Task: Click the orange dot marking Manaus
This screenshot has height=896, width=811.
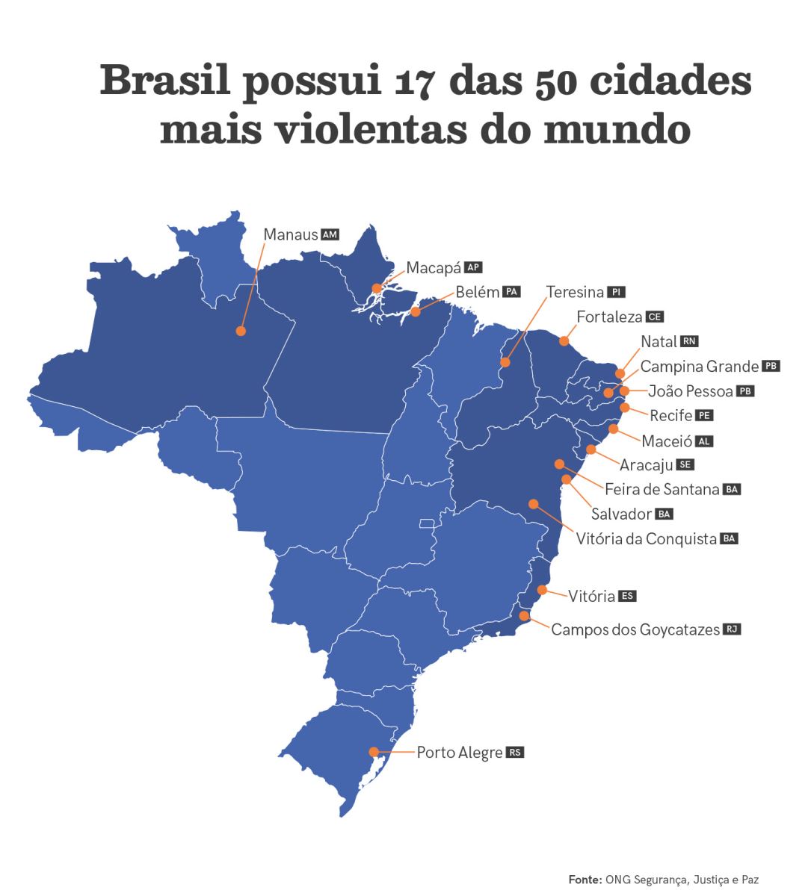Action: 241,331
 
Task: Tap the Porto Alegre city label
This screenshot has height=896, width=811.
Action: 459,753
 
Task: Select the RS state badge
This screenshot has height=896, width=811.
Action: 515,752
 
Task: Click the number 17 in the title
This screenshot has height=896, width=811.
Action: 404,82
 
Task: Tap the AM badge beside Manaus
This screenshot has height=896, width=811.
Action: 330,234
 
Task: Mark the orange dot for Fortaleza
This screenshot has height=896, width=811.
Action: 564,340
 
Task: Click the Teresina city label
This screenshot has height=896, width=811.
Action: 574,291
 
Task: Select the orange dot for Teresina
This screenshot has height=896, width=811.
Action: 505,362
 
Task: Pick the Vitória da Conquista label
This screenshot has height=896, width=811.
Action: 647,538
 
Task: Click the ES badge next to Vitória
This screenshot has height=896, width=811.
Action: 628,597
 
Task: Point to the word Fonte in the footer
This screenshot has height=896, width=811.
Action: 585,880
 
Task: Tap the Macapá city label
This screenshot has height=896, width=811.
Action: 434,267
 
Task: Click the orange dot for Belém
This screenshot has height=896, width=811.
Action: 416,311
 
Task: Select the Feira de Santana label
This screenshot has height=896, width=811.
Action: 662,490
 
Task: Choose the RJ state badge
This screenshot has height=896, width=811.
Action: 732,629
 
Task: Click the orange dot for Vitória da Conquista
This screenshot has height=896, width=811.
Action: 533,503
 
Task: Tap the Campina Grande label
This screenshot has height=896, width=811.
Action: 699,367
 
